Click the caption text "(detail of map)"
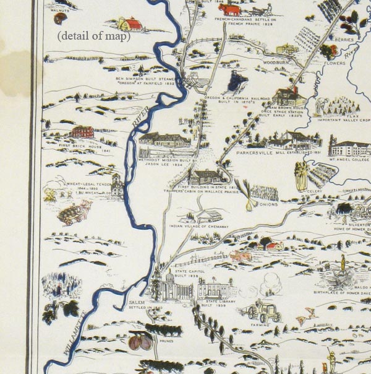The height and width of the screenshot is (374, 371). pyautogui.click(x=94, y=37)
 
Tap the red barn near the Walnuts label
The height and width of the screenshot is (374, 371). pyautogui.click(x=130, y=24)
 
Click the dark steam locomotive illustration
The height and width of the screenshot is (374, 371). pyautogui.click(x=236, y=81)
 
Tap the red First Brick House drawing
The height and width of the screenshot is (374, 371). pyautogui.click(x=82, y=132)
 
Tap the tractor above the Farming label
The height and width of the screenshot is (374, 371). pyautogui.click(x=265, y=311)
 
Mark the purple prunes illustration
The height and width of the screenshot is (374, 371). pyautogui.click(x=141, y=342)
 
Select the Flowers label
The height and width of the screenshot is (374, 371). pyautogui.click(x=335, y=63)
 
